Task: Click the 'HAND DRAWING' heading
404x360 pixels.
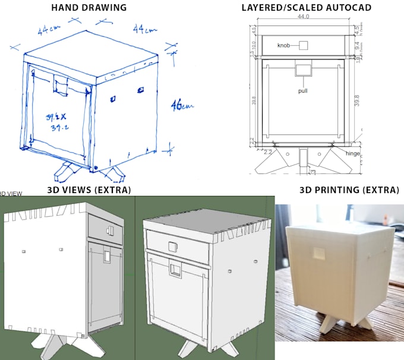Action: pos(89,8)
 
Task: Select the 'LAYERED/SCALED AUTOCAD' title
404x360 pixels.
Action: pos(307,8)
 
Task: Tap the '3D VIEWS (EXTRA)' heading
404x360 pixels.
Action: pos(89,190)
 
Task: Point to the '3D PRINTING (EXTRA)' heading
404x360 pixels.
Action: pos(349,190)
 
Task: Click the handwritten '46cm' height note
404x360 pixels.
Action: pos(182,106)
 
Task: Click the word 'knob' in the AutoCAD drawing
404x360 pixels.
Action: pos(285,45)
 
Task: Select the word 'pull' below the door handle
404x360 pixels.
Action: pos(303,91)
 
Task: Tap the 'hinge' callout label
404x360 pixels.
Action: pos(352,153)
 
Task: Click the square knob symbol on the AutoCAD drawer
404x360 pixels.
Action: pos(303,45)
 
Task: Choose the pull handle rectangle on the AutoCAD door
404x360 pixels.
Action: pos(303,70)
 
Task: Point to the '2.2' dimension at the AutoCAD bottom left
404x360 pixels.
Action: pos(267,152)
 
